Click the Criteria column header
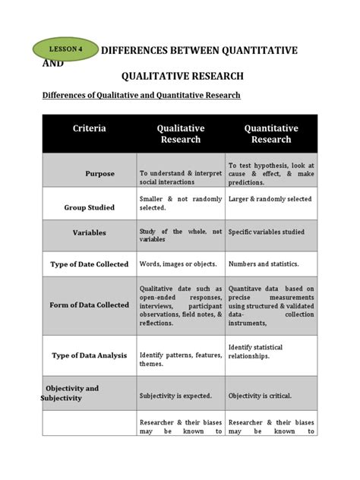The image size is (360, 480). (90, 128)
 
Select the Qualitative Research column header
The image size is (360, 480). (181, 134)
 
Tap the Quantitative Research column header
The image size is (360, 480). (271, 134)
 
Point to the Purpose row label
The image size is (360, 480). (99, 174)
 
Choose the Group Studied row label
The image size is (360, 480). (90, 207)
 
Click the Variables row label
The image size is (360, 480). (90, 232)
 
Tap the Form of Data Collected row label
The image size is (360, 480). (90, 305)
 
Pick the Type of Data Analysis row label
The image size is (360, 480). (90, 355)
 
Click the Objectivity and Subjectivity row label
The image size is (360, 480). (72, 393)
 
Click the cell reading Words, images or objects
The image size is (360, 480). (178, 264)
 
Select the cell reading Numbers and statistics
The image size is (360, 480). (264, 264)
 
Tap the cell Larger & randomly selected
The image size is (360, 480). (270, 199)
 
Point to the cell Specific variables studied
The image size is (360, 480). (267, 232)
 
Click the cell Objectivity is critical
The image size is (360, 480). (260, 396)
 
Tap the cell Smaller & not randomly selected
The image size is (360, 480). (181, 203)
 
